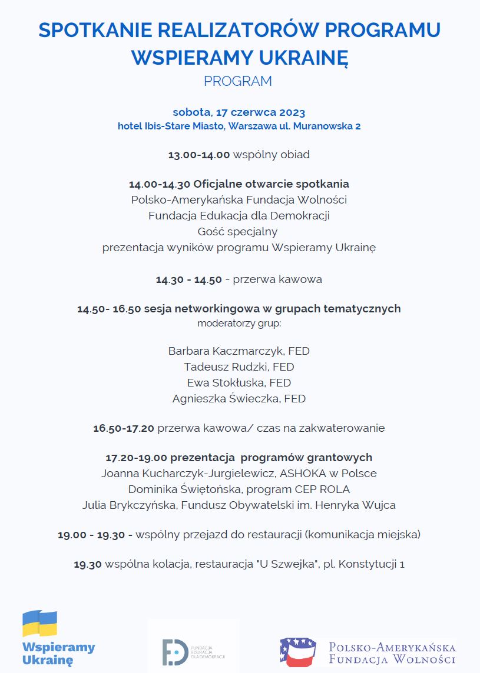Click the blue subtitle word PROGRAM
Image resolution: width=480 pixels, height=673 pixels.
click(238, 81)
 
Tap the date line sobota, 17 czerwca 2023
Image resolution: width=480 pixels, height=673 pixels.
click(239, 112)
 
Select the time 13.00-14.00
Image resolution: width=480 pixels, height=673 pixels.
click(198, 155)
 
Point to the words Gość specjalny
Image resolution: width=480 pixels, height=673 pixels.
click(238, 231)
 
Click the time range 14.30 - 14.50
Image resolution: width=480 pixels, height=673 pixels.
click(188, 279)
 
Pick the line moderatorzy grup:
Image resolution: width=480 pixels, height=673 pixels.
click(239, 323)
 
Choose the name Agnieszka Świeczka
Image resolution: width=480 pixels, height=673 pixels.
click(226, 399)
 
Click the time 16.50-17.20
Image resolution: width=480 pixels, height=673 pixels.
click(124, 428)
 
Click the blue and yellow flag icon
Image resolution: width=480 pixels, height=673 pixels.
click(39, 624)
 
